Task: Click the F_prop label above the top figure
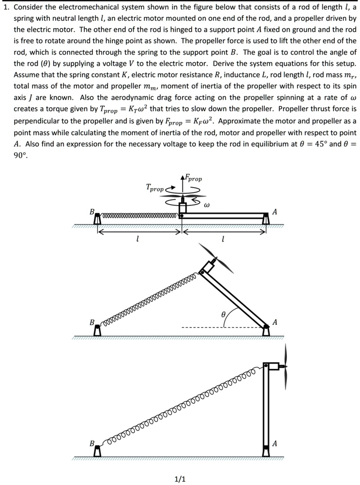click(194, 178)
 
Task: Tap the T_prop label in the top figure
click(155, 188)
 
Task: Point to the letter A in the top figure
click(275, 212)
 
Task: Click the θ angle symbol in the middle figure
click(224, 314)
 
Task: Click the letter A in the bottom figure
click(275, 444)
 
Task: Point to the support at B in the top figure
click(97, 219)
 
